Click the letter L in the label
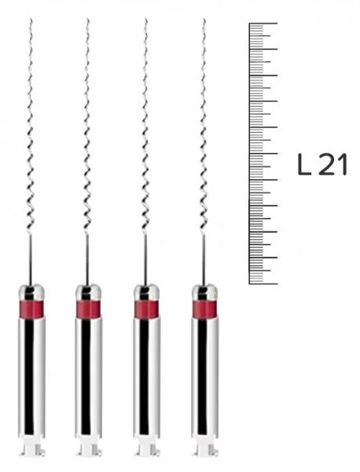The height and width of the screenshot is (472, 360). pyautogui.click(x=304, y=164)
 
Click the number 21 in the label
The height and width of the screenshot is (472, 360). pyautogui.click(x=333, y=164)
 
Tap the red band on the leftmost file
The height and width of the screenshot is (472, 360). pyautogui.click(x=31, y=308)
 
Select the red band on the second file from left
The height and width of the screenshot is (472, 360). pyautogui.click(x=88, y=308)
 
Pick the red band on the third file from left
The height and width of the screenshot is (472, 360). pyautogui.click(x=146, y=308)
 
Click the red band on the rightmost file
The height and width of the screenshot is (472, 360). pyautogui.click(x=204, y=308)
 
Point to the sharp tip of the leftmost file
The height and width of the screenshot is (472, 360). pyautogui.click(x=31, y=19)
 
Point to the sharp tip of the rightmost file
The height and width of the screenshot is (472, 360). pyautogui.click(x=204, y=19)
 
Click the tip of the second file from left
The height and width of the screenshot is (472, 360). pyautogui.click(x=87, y=19)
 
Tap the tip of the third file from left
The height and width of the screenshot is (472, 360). pyautogui.click(x=145, y=19)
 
